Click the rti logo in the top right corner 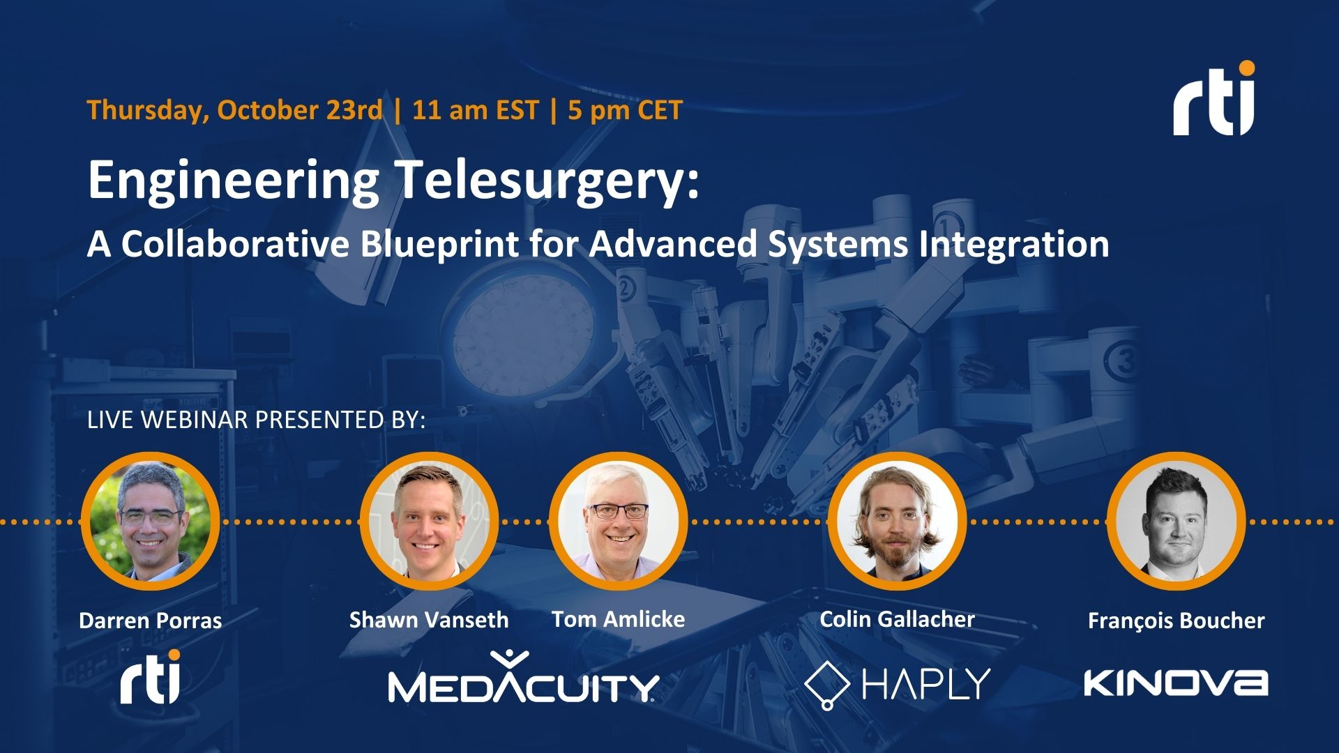pyautogui.click(x=1213, y=100)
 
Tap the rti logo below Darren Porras pyautogui.click(x=150, y=678)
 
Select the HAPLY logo pyautogui.click(x=898, y=684)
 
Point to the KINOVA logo pyautogui.click(x=1176, y=683)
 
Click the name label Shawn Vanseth pyautogui.click(x=428, y=620)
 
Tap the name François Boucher pyautogui.click(x=1176, y=621)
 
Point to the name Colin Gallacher pyautogui.click(x=897, y=619)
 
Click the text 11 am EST pyautogui.click(x=476, y=110)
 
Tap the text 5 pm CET pyautogui.click(x=625, y=110)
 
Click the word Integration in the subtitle pyautogui.click(x=1013, y=244)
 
